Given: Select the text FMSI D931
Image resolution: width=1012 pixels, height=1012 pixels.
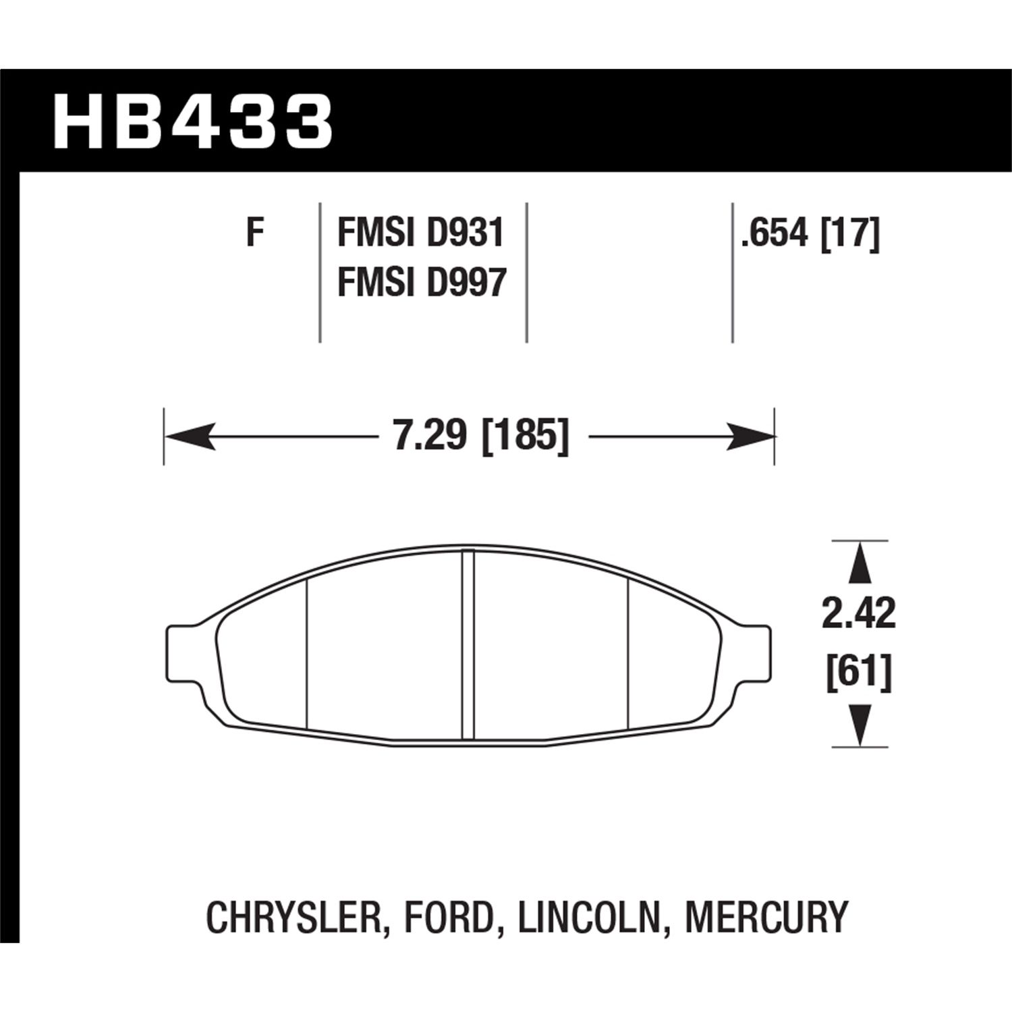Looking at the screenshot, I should pyautogui.click(x=421, y=234).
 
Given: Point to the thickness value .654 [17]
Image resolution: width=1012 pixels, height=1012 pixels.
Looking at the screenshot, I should pyautogui.click(x=810, y=234).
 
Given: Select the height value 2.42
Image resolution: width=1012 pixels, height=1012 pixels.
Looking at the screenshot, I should pyautogui.click(x=859, y=614).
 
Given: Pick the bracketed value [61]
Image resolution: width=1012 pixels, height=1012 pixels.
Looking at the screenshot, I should pyautogui.click(x=859, y=672).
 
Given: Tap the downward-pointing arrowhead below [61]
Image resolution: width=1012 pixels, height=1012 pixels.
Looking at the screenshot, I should pyautogui.click(x=859, y=724).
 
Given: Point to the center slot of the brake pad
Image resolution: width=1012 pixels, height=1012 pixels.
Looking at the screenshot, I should pyautogui.click(x=468, y=645).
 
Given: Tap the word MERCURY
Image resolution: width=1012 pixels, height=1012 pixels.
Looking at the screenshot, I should pyautogui.click(x=766, y=918).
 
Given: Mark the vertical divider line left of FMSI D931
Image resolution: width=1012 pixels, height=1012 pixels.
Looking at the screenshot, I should pyautogui.click(x=320, y=271).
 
